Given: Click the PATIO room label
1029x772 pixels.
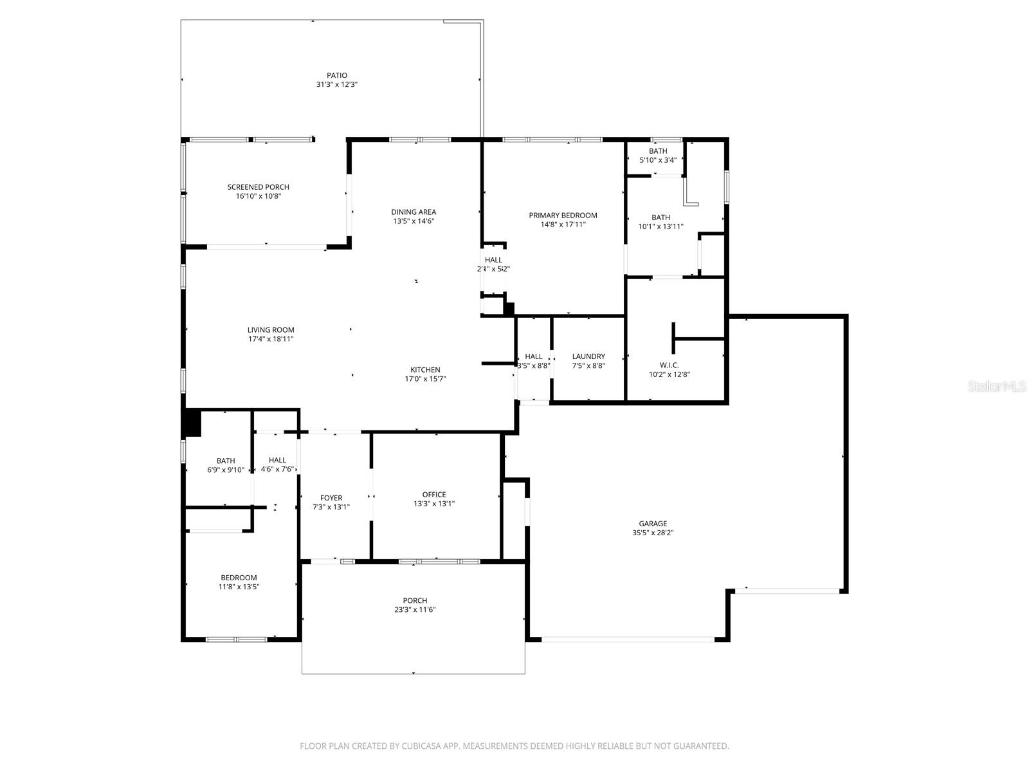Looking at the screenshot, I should [336, 75].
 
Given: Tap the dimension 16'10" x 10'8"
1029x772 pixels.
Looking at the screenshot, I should [258, 196].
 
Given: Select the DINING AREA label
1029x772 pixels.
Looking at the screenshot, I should [414, 212].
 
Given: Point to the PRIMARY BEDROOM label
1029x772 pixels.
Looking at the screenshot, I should [563, 216].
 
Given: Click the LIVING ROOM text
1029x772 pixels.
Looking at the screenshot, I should [271, 330].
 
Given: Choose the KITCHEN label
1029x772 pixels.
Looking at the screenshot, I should [425, 370].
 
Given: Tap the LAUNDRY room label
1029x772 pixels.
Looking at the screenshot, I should [588, 356].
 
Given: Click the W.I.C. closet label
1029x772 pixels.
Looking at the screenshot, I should [669, 365].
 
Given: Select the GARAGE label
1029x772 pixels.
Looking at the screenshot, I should [653, 524].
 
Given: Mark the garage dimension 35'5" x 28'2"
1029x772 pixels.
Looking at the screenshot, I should [653, 533].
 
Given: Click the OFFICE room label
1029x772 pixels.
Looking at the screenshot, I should [434, 495].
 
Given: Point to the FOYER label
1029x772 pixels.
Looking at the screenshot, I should [331, 498].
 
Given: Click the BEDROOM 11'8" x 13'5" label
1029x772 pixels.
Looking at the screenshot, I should [239, 582].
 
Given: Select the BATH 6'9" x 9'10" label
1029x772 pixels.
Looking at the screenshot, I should [226, 465].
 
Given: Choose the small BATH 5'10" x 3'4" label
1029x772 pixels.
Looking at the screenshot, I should [658, 155].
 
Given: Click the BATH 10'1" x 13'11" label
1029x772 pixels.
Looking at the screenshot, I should [660, 222].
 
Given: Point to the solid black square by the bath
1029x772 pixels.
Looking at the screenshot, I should [192, 423].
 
